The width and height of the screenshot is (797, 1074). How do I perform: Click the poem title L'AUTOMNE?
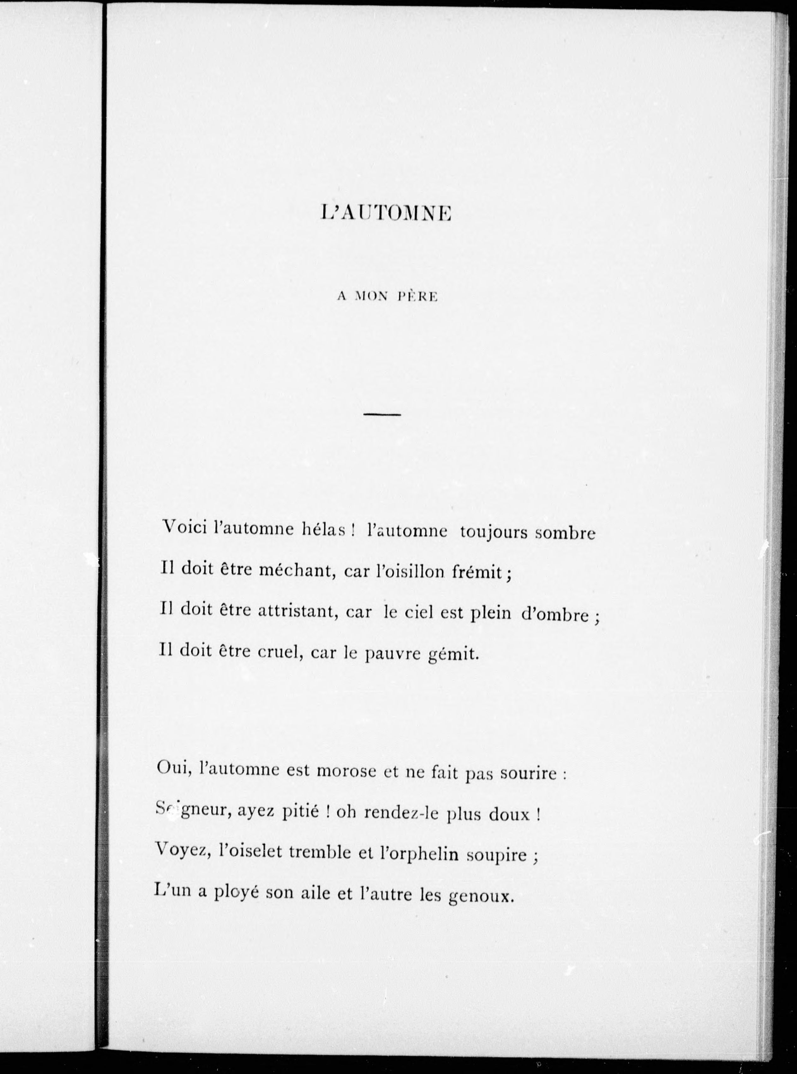pos(386,213)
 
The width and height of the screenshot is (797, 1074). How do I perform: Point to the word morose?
pos(346,770)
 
